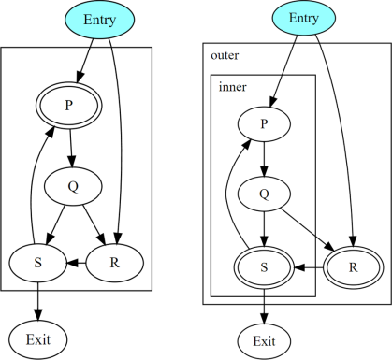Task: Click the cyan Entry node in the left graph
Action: point(99,20)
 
